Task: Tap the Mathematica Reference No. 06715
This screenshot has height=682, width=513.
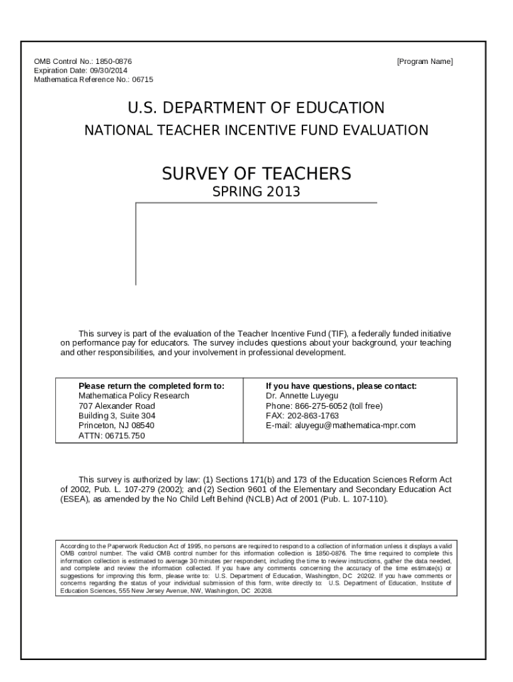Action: (x=93, y=79)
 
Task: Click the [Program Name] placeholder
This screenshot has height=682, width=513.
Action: (x=424, y=61)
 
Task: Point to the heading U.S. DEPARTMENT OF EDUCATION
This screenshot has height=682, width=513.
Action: (x=256, y=108)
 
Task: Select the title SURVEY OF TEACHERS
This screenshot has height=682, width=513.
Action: (x=256, y=174)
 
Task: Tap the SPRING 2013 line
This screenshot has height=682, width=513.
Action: (x=256, y=192)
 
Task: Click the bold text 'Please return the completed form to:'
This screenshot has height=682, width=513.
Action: (x=151, y=386)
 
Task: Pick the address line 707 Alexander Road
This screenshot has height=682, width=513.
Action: (x=117, y=406)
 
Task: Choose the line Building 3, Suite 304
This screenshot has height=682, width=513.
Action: (x=117, y=416)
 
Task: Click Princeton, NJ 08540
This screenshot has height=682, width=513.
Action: (x=116, y=426)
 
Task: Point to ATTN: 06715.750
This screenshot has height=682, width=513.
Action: (x=111, y=436)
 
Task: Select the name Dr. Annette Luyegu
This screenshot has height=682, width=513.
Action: (x=302, y=396)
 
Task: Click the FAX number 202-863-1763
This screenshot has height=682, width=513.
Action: (x=312, y=416)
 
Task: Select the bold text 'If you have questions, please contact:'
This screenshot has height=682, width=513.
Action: (x=341, y=386)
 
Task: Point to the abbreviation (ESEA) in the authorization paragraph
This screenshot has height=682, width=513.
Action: (x=74, y=499)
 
